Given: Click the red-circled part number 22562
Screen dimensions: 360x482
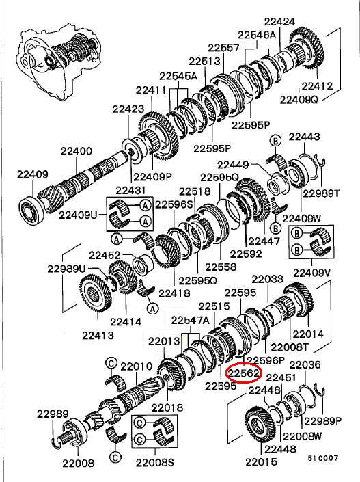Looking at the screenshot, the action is (244, 373).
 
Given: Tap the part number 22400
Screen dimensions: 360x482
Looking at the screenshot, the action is (77, 151).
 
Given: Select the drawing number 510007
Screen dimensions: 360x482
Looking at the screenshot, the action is (323, 457).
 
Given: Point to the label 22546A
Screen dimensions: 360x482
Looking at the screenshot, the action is (257, 35).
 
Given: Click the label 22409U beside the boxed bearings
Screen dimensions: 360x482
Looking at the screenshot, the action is (78, 215).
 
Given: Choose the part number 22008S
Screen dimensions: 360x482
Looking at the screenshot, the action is (155, 462).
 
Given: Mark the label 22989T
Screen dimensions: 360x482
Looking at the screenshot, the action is (322, 193).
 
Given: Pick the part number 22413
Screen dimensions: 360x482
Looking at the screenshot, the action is (98, 335).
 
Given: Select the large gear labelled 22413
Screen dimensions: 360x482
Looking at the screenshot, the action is (96, 293).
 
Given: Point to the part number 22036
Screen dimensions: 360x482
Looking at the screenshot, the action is (305, 365).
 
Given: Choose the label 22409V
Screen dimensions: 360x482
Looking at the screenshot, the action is (311, 272).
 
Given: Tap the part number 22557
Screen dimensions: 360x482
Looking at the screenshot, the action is (223, 48).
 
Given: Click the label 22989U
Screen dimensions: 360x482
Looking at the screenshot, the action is (66, 269).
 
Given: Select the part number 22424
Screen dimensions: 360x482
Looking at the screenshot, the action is (279, 21).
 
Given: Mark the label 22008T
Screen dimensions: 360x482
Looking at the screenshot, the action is (290, 347).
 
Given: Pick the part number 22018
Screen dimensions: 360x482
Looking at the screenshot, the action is (167, 407).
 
